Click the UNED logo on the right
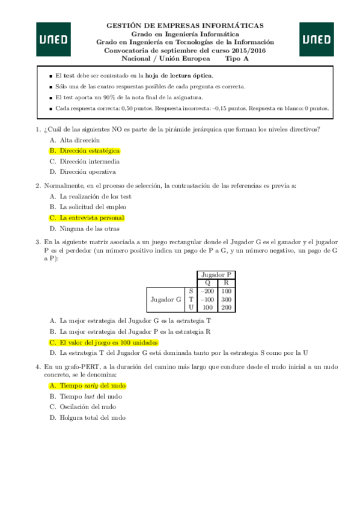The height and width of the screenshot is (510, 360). coord(316,40)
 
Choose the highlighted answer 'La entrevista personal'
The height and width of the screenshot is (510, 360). coord(91,218)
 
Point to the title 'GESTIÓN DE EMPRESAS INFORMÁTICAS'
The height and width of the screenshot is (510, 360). coord(185,26)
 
